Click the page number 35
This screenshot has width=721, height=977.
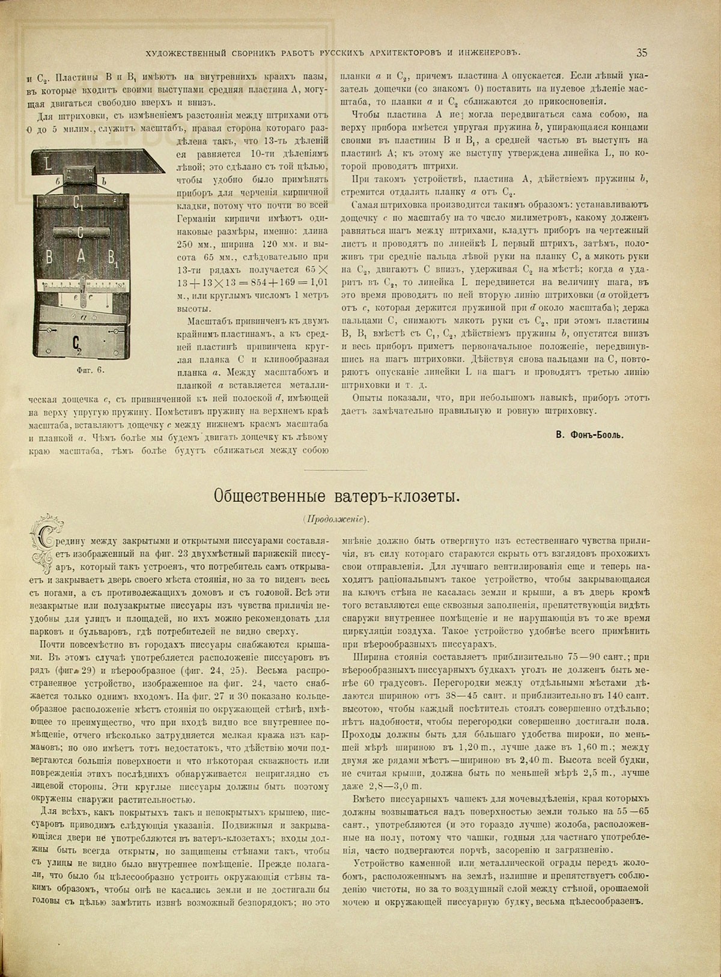pyautogui.click(x=641, y=52)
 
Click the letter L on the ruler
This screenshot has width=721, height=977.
pyautogui.click(x=47, y=163)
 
